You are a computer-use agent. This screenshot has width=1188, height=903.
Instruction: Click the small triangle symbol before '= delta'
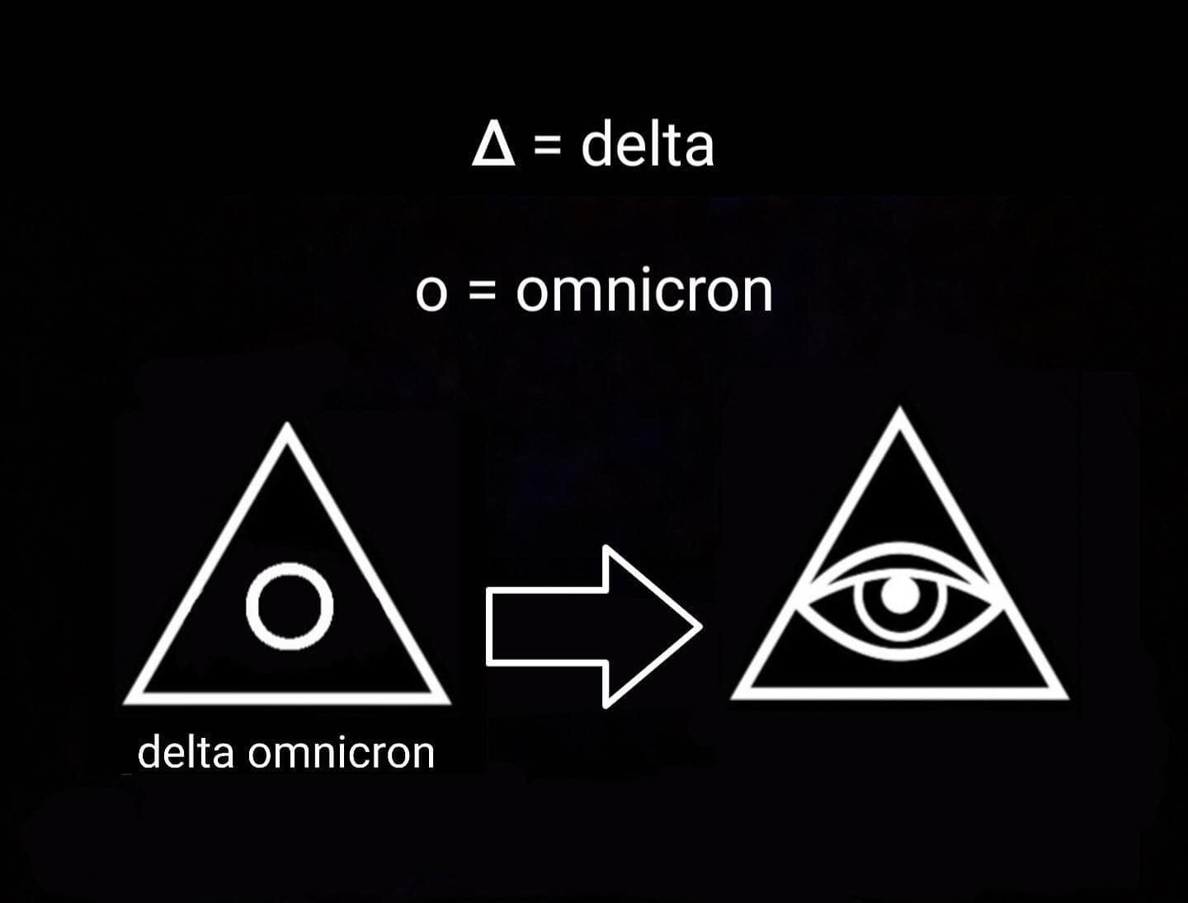pyautogui.click(x=493, y=146)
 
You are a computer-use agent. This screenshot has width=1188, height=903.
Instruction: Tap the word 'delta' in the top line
pyautogui.click(x=648, y=144)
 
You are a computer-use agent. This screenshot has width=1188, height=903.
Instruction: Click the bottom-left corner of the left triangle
pyautogui.click(x=125, y=703)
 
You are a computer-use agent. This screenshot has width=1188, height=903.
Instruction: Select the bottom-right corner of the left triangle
pyautogui.click(x=450, y=703)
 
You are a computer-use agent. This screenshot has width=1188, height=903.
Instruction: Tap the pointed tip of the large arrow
pyautogui.click(x=702, y=627)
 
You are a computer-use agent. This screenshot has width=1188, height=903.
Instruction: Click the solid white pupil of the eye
pyautogui.click(x=900, y=595)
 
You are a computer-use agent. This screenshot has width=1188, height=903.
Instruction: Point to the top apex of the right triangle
pyautogui.click(x=900, y=407)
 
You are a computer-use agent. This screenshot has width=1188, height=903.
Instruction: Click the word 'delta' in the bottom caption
pyautogui.click(x=186, y=753)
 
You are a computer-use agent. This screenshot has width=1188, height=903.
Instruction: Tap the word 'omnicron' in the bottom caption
pyautogui.click(x=341, y=753)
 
